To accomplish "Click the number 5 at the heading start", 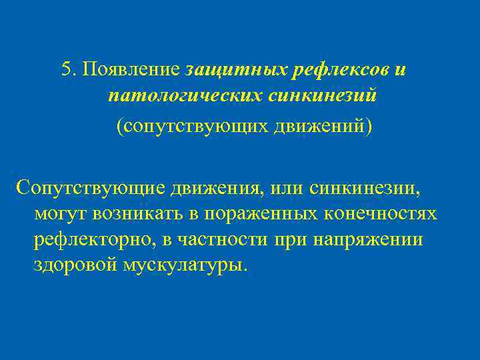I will point(65,69).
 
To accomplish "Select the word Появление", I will point(131,69).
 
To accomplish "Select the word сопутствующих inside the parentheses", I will point(193,125).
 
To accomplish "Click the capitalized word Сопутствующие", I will point(90,189).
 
